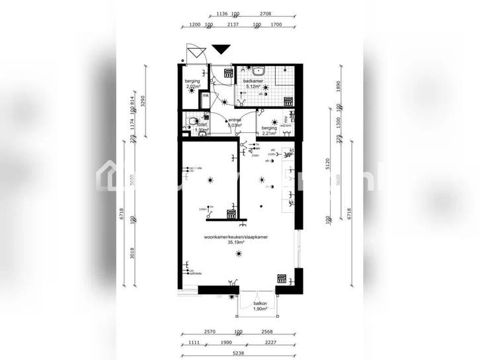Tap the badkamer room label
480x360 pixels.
click(254, 81)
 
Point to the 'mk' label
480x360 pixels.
click(206, 96)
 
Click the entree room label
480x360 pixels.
click(235, 120)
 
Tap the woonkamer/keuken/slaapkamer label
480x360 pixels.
click(239, 236)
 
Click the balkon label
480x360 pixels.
click(260, 303)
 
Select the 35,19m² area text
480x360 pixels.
click(236, 242)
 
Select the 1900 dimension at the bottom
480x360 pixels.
click(226, 342)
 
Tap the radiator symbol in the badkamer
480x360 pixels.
click(288, 101)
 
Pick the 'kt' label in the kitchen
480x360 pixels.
click(291, 151)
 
